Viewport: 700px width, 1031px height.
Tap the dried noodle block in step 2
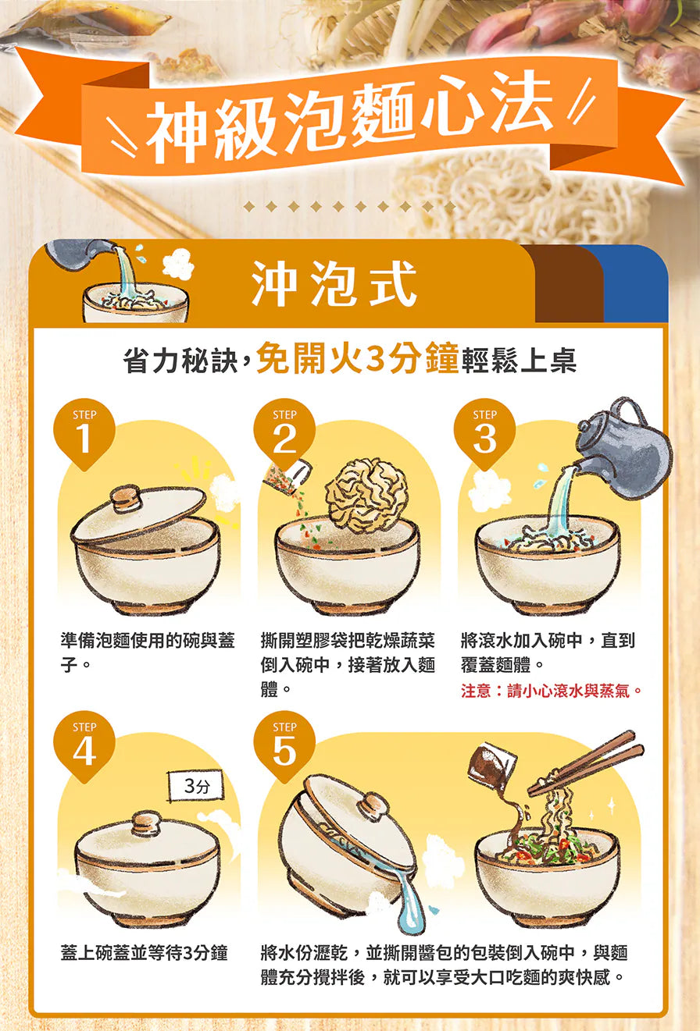click(366, 496)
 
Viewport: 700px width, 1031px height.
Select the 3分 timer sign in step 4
click(196, 786)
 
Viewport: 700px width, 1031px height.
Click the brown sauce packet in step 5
click(491, 765)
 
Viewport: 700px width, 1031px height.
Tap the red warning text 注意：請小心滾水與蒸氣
click(552, 691)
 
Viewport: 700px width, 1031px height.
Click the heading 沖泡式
click(334, 283)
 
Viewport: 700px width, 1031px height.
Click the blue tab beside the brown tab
click(636, 284)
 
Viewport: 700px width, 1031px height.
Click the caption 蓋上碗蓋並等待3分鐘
click(145, 953)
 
